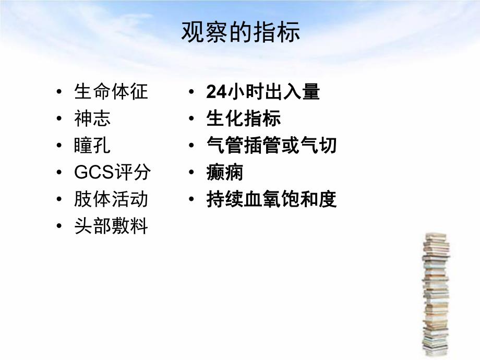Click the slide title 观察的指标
click(241, 32)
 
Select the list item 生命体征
click(111, 92)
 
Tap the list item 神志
click(93, 119)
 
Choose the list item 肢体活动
click(111, 199)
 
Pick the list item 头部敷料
click(111, 226)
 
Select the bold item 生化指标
click(244, 119)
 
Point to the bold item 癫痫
click(225, 173)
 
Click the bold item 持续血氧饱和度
click(271, 199)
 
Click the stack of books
click(436, 295)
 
